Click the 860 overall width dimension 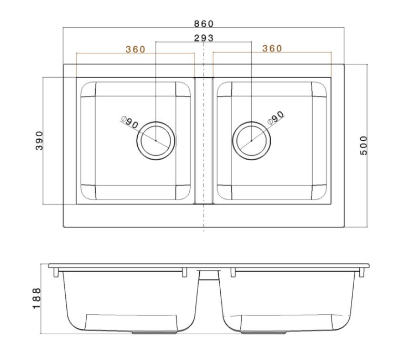(204, 24)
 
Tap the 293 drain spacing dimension (204, 38)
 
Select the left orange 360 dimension (135, 49)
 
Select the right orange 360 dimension (272, 49)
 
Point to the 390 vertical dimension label (39, 141)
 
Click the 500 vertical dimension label (364, 145)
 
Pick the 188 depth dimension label (37, 298)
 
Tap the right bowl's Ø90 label (276, 118)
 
